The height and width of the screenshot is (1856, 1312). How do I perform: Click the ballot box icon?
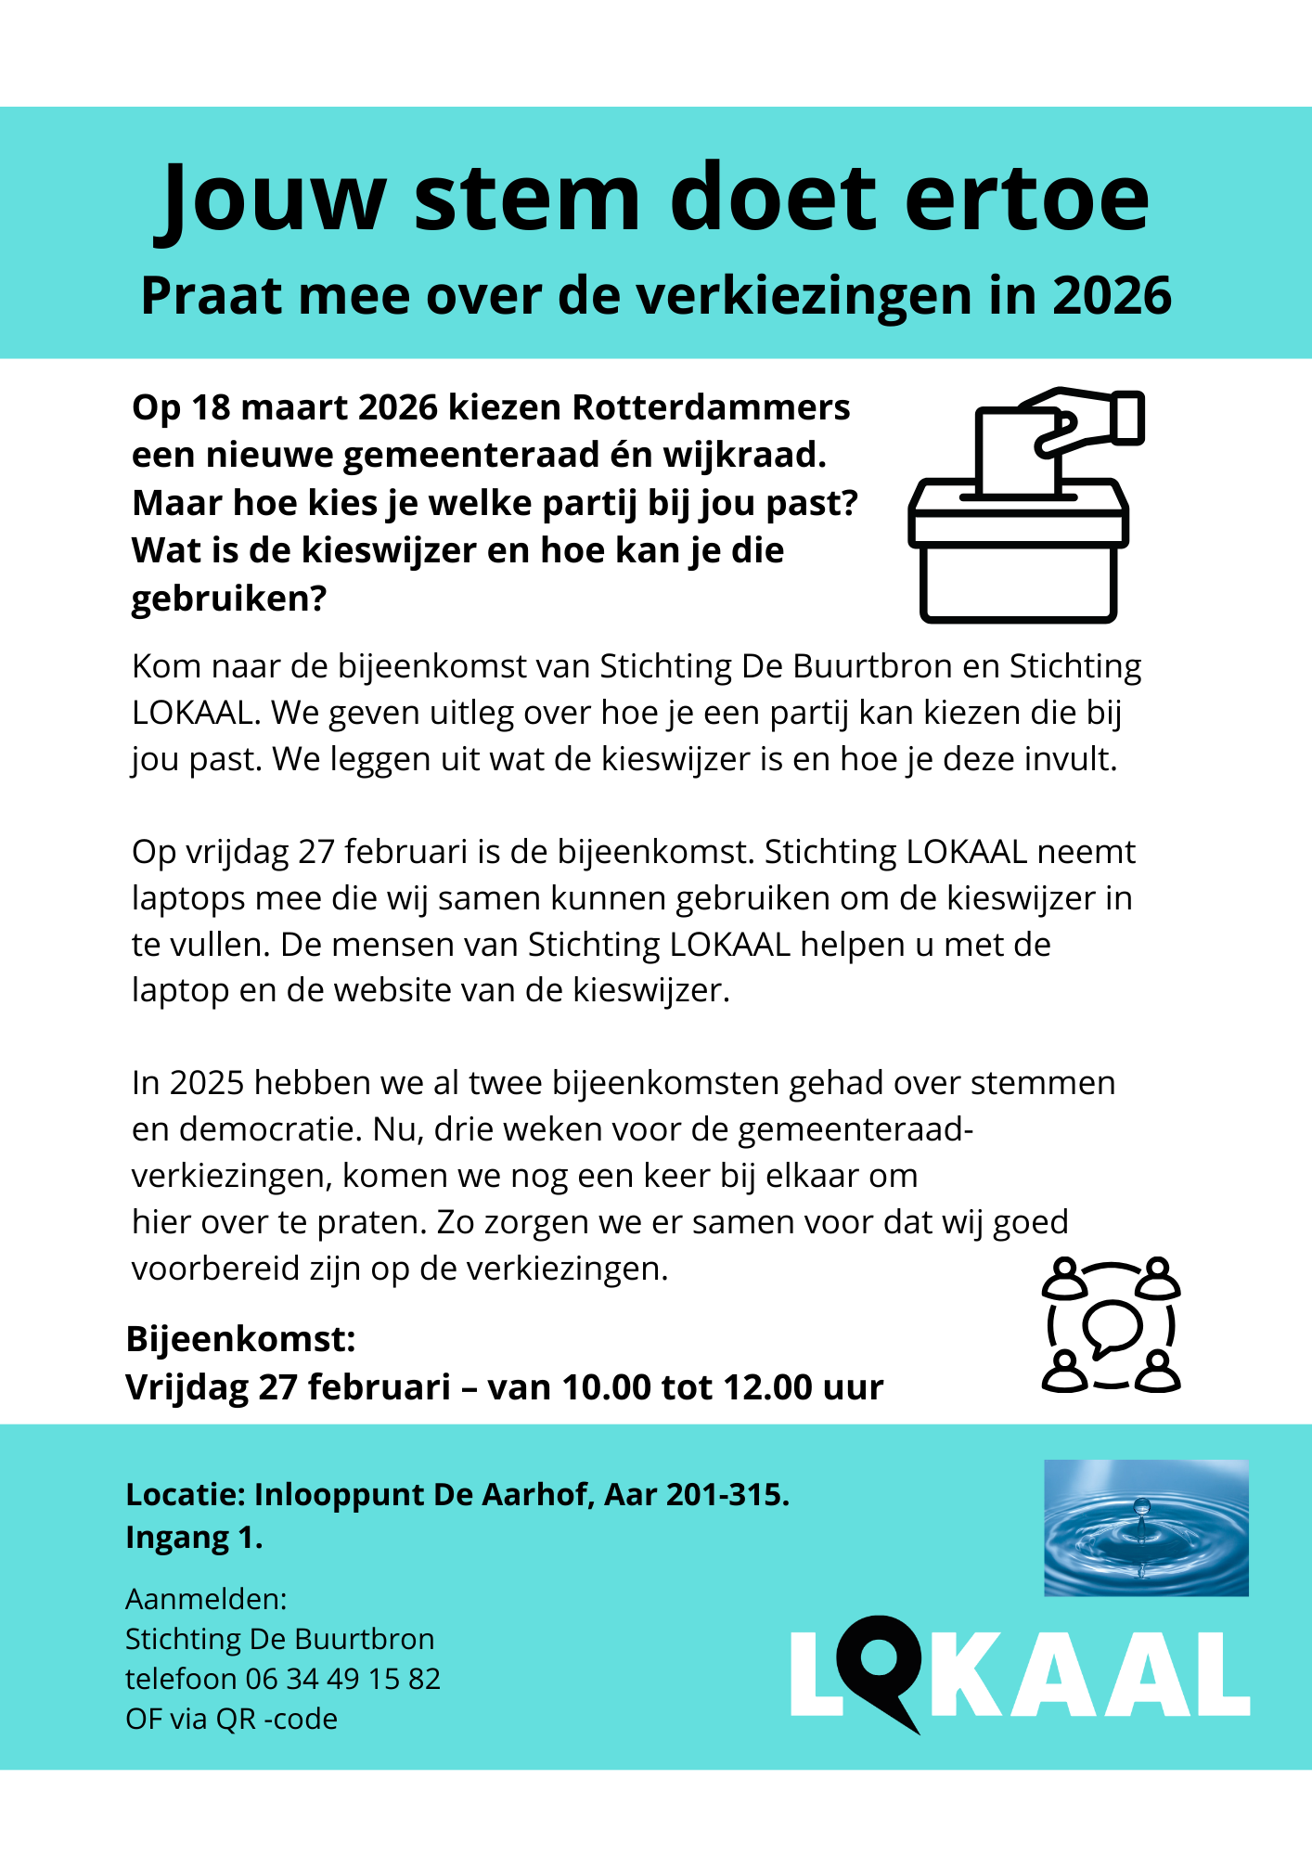click(1018, 557)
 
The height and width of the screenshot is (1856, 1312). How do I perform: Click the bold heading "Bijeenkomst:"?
click(240, 1339)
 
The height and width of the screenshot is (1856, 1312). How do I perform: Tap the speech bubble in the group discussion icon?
click(1111, 1327)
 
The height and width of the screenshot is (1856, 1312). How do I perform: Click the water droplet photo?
click(1146, 1527)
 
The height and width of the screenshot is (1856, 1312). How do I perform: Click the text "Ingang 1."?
click(194, 1538)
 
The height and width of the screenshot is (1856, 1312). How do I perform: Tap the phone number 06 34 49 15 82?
click(342, 1679)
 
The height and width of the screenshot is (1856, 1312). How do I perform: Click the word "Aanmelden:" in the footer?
click(206, 1599)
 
